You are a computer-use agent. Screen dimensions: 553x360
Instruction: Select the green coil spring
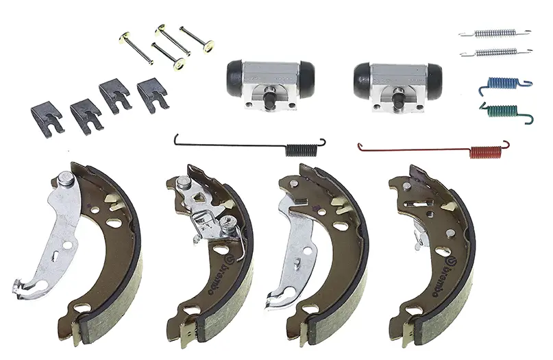tap(505, 111)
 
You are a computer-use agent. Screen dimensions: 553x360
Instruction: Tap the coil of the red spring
tap(486, 152)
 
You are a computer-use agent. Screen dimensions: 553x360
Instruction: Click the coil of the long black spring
tap(301, 149)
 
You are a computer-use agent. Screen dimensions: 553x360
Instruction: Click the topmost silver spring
tap(495, 33)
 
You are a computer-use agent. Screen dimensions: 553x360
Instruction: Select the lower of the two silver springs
tap(496, 52)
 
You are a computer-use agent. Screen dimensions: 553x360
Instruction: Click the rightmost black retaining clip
tap(153, 95)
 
